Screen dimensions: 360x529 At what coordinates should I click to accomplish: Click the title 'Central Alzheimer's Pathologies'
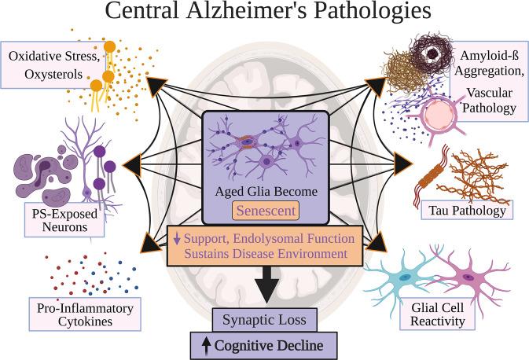tap(264, 14)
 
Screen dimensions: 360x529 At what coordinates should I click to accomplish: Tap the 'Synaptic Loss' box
tap(264, 319)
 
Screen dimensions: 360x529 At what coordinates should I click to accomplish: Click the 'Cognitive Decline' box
tap(264, 343)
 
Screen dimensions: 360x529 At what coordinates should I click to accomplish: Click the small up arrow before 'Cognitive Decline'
tap(205, 343)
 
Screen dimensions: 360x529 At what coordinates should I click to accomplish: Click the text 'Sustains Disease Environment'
tap(264, 253)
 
